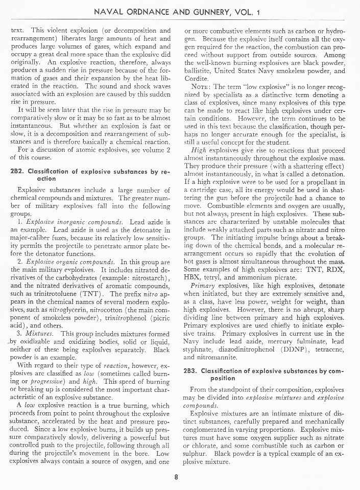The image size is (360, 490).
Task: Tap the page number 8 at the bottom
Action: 176,478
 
